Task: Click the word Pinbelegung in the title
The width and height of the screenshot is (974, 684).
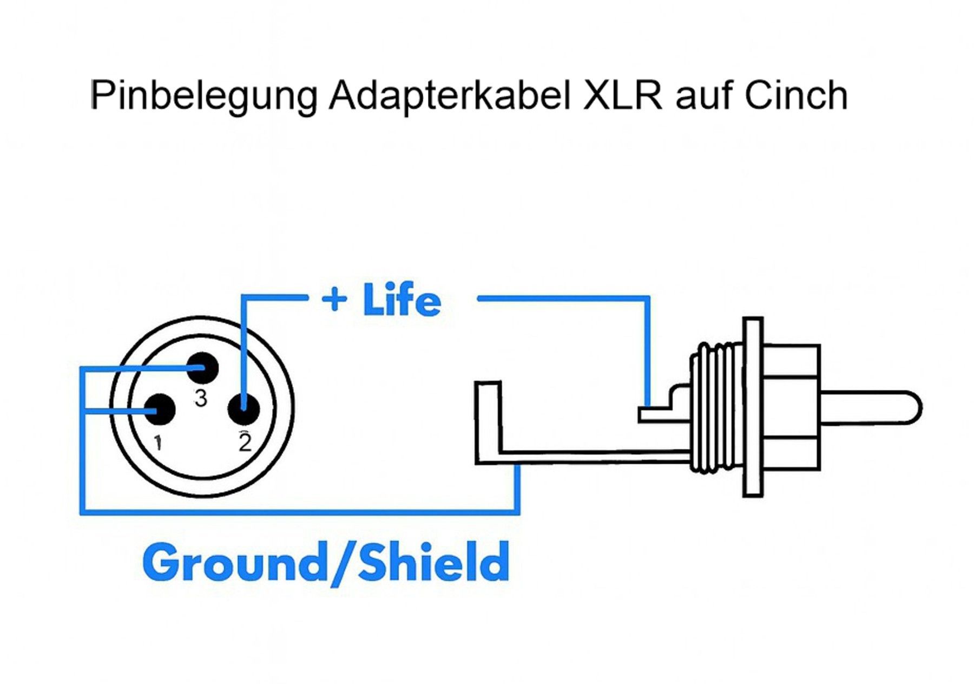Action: tap(203, 97)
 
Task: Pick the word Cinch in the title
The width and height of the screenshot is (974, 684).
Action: tap(795, 95)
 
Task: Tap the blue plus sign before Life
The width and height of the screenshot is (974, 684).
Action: tap(334, 299)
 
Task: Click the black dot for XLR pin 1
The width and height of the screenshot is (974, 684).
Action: tap(159, 410)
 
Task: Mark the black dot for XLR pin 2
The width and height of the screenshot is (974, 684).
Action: tap(244, 408)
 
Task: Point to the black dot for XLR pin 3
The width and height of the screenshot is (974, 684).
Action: tap(202, 368)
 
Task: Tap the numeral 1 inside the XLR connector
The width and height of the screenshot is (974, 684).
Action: tap(158, 442)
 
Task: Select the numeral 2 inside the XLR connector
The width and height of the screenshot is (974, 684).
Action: tap(245, 442)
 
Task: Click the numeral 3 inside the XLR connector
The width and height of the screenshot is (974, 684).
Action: tap(201, 398)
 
